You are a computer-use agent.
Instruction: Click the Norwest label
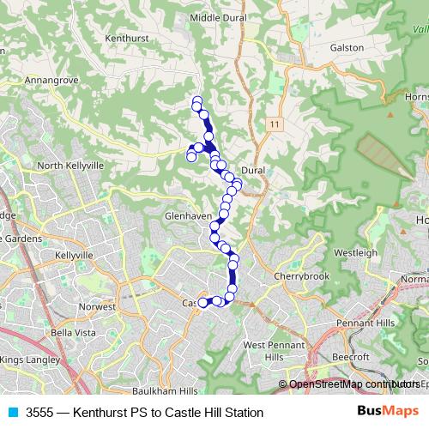click(x=96, y=306)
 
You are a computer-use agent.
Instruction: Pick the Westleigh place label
click(x=355, y=253)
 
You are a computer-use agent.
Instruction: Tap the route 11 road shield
click(x=273, y=125)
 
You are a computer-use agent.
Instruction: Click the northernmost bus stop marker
click(x=196, y=101)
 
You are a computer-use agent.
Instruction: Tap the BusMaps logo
click(x=388, y=412)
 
